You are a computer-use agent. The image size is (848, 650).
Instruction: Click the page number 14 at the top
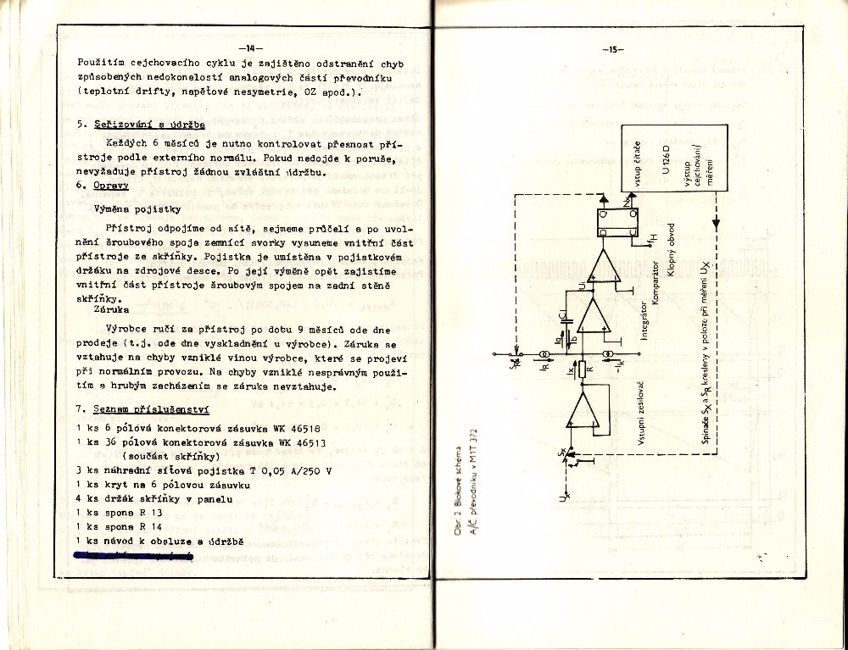click(x=251, y=47)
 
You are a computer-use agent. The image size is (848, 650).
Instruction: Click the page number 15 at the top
click(x=615, y=48)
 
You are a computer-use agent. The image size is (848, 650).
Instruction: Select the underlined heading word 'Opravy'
click(x=110, y=185)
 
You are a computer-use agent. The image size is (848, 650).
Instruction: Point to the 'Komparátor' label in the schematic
click(x=656, y=280)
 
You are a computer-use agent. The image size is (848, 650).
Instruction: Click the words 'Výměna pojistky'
click(x=137, y=208)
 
